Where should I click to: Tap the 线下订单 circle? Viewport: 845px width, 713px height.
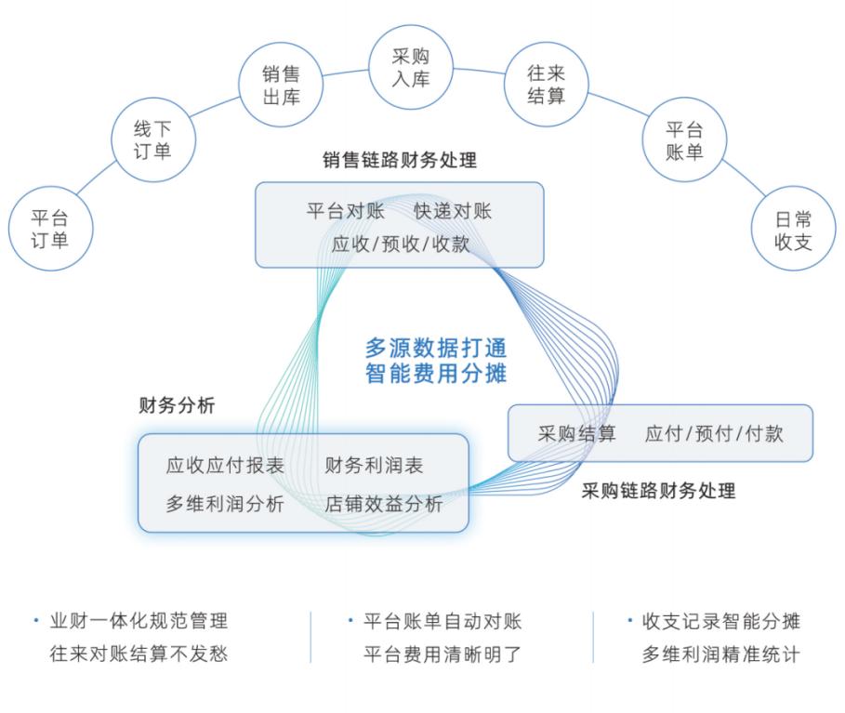[x=152, y=139]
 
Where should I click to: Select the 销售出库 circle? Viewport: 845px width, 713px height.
[x=281, y=85]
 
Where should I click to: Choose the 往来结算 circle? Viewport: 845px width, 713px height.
[x=546, y=85]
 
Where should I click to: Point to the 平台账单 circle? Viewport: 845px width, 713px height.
[x=684, y=140]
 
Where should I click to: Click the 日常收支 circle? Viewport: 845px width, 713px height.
[x=793, y=231]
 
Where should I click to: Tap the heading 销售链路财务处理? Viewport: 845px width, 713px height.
[x=400, y=160]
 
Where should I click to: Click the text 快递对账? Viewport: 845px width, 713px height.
[x=453, y=211]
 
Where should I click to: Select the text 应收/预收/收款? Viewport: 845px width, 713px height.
[x=401, y=244]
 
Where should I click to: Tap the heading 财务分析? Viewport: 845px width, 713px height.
[x=177, y=405]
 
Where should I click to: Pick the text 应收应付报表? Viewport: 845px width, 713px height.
[x=225, y=466]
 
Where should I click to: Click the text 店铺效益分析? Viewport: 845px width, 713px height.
[x=384, y=505]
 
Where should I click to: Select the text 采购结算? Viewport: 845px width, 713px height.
[x=576, y=433]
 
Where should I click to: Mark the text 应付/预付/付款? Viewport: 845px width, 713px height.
[x=715, y=433]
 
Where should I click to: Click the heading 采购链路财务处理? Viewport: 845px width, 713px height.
[x=658, y=491]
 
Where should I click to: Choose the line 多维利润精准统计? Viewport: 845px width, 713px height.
[x=720, y=654]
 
